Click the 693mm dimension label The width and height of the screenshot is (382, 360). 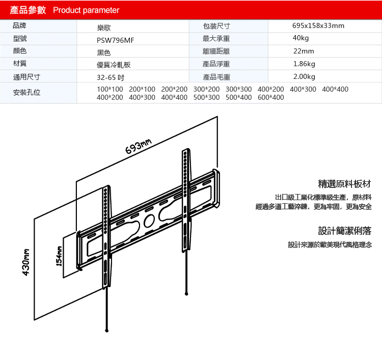click(x=139, y=147)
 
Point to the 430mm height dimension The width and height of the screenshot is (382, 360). click(x=26, y=262)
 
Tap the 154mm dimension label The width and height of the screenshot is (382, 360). click(x=59, y=256)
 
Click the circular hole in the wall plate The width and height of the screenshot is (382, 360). click(x=149, y=220)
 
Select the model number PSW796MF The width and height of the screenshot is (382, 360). click(x=116, y=40)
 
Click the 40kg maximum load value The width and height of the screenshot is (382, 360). click(x=301, y=38)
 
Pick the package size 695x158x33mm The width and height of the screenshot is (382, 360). click(x=318, y=25)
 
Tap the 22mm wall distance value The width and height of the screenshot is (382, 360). click(x=304, y=51)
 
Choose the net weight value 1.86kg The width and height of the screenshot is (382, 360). click(x=304, y=64)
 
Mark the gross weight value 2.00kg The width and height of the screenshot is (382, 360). click(x=304, y=76)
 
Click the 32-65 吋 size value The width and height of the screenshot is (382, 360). click(x=111, y=77)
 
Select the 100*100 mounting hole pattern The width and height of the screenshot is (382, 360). click(x=110, y=89)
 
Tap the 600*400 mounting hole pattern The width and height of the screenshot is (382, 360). click(x=271, y=97)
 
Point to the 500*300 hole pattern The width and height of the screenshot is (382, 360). click(x=206, y=97)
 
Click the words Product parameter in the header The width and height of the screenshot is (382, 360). click(x=86, y=10)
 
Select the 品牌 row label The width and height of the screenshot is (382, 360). click(x=19, y=25)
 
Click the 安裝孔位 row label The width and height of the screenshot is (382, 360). click(x=26, y=93)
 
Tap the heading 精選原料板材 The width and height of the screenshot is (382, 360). click(x=345, y=184)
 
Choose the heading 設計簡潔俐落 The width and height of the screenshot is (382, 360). click(x=345, y=231)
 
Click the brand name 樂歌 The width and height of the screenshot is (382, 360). click(x=104, y=28)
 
